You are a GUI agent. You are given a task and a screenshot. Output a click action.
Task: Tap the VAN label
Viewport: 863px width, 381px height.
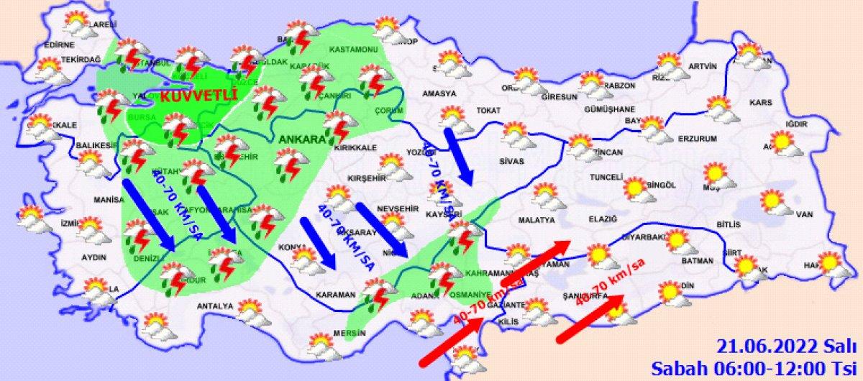point(804,214)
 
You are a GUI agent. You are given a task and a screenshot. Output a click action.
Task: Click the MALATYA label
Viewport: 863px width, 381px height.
point(536,220)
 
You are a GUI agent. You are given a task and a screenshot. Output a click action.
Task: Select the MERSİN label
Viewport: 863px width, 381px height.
point(350,334)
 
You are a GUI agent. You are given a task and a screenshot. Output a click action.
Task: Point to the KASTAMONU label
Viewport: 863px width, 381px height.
point(353,50)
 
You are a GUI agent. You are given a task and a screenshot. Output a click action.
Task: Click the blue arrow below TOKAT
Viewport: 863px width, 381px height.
point(458,155)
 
